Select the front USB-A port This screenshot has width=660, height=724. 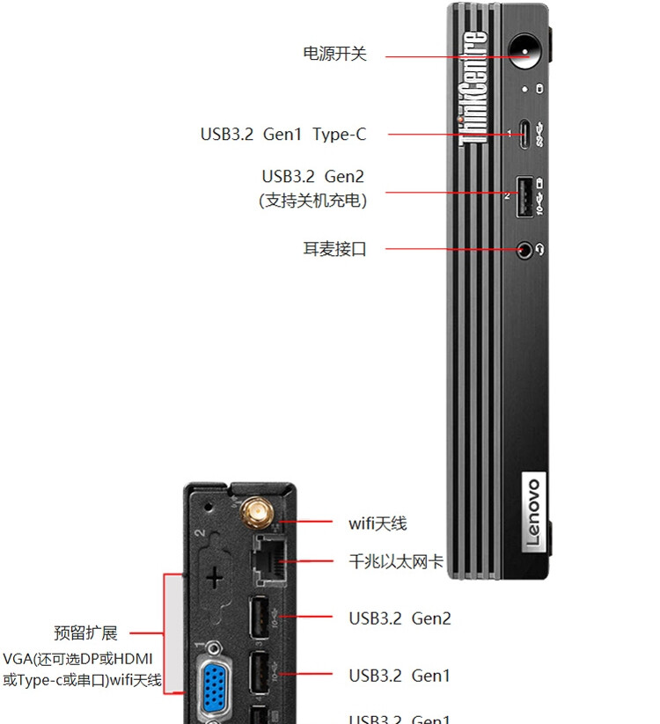coord(524,195)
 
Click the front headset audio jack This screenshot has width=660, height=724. coord(525,249)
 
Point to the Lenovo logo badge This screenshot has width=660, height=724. coord(534,512)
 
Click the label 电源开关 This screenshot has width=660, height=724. coord(334,54)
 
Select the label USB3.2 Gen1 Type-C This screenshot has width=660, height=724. coord(282,135)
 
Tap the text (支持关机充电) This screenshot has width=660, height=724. coord(312,201)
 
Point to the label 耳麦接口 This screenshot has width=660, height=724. coord(334,249)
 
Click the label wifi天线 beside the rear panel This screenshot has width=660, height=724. coord(378,523)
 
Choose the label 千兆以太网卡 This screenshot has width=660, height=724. coord(396,561)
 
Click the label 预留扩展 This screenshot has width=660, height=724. coord(85,633)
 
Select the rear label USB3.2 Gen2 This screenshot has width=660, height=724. coord(400,618)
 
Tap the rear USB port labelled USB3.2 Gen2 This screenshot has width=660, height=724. coord(261,618)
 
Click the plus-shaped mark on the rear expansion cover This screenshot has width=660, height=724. coord(213,577)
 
